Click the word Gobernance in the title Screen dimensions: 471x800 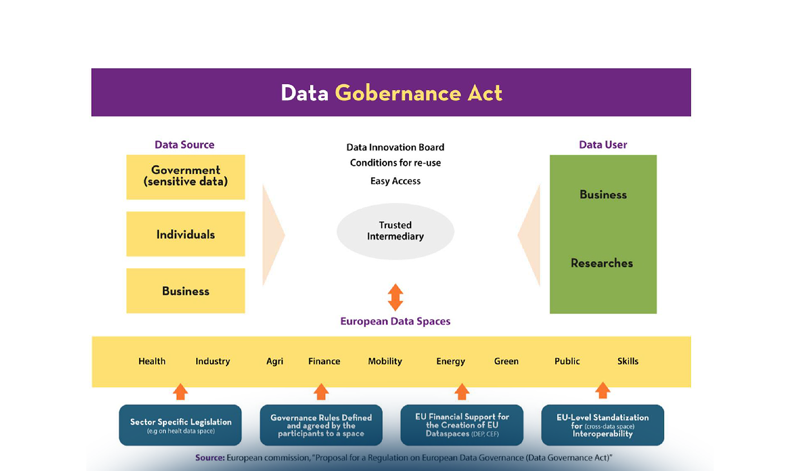pyautogui.click(x=398, y=93)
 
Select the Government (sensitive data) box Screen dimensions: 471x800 pyautogui.click(x=185, y=177)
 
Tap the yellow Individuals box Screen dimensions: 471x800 pyautogui.click(x=185, y=234)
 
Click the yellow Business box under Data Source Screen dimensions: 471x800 pyautogui.click(x=185, y=291)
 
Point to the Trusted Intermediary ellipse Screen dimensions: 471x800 pyautogui.click(x=395, y=231)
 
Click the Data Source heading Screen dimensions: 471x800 pyautogui.click(x=184, y=145)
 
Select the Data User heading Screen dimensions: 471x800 pyautogui.click(x=603, y=145)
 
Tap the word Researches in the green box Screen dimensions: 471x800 pyautogui.click(x=602, y=263)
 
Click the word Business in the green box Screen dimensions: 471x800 pyautogui.click(x=603, y=195)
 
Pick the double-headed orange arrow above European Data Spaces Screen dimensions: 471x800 pyautogui.click(x=395, y=297)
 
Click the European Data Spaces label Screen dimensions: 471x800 pyautogui.click(x=395, y=321)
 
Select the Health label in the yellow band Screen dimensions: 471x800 pyautogui.click(x=152, y=361)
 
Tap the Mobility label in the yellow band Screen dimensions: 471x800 pyautogui.click(x=385, y=361)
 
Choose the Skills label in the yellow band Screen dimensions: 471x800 pyautogui.click(x=627, y=361)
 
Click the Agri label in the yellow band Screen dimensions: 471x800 pyautogui.click(x=275, y=361)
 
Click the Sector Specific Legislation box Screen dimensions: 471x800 pyautogui.click(x=180, y=425)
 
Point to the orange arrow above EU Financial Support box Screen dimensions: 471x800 pyautogui.click(x=462, y=391)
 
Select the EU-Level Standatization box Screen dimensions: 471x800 pyautogui.click(x=602, y=425)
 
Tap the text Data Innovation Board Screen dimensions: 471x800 pyautogui.click(x=395, y=147)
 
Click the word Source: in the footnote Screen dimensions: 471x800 pyautogui.click(x=210, y=458)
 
